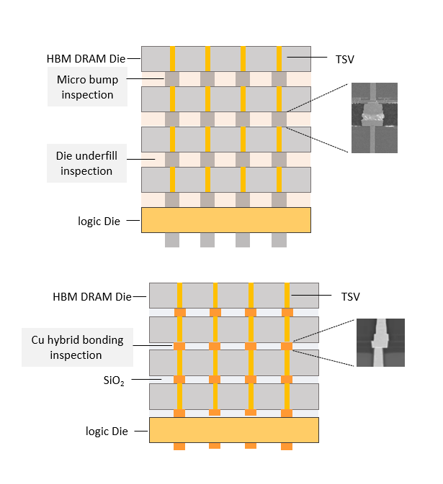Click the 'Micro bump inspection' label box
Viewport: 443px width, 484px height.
coord(87,86)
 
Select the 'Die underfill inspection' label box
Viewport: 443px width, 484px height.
coord(86,163)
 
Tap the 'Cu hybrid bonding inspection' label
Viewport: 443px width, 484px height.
coord(77,347)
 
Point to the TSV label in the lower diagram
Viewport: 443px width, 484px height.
coord(349,296)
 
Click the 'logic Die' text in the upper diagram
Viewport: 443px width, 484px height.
coord(99,221)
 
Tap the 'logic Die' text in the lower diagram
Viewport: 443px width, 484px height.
coord(107,431)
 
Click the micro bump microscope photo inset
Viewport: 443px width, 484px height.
coord(374,118)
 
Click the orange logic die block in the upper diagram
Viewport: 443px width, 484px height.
coord(225,220)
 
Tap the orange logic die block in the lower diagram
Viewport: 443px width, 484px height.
coord(233,429)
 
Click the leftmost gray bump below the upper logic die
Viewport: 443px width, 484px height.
coord(172,240)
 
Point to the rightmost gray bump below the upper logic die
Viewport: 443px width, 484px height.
coord(279,240)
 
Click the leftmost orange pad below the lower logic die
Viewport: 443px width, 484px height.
coord(179,447)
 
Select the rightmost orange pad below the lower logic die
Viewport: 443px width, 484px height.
coord(287,447)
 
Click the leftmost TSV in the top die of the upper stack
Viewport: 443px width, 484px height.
coord(173,58)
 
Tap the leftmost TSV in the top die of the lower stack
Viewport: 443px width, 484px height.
coord(180,296)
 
